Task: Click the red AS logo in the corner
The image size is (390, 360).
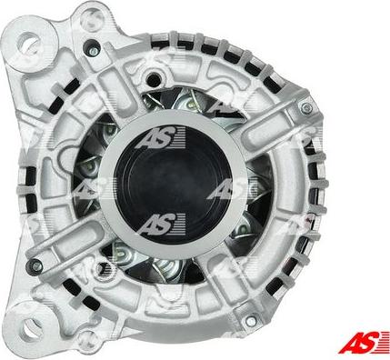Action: tap(364, 342)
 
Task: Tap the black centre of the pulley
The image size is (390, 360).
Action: tap(174, 185)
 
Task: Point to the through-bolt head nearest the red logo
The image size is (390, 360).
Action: tap(251, 321)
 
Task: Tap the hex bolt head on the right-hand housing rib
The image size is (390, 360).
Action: tap(305, 107)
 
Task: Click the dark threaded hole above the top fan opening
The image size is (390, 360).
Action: tap(154, 79)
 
